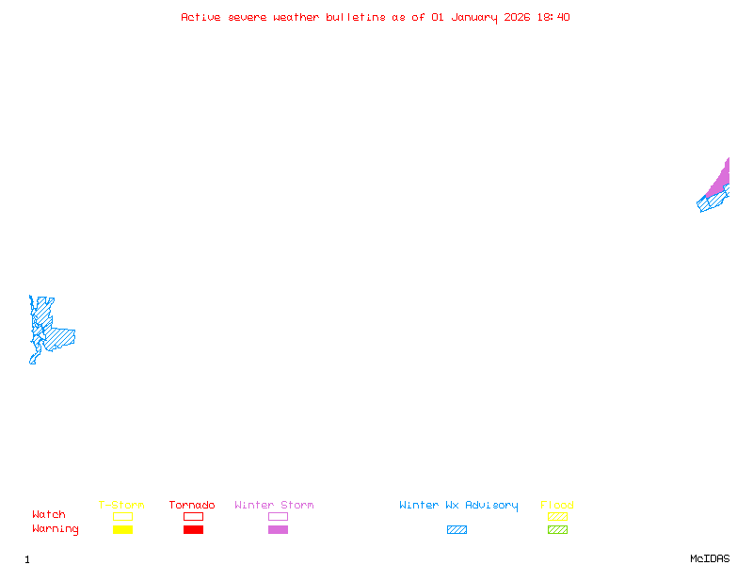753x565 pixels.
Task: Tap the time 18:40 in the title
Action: point(553,17)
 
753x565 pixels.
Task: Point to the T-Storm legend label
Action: point(121,506)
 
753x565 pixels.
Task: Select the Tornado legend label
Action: point(192,506)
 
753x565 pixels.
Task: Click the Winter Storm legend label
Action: point(274,506)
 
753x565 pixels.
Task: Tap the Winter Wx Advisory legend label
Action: point(458,506)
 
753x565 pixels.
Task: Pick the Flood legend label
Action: point(557,506)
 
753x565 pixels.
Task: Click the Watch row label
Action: point(49,515)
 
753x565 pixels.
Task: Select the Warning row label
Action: point(56,529)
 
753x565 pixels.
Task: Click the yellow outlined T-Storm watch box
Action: point(122,516)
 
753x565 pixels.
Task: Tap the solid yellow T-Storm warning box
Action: point(122,530)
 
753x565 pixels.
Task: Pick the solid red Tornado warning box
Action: point(193,530)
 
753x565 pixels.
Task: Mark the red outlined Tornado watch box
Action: point(193,516)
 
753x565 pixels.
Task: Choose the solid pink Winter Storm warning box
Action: point(278,530)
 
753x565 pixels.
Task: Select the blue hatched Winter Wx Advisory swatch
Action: point(457,530)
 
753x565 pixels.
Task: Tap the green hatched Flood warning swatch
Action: point(557,530)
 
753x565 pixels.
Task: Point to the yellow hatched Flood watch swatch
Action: point(557,516)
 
